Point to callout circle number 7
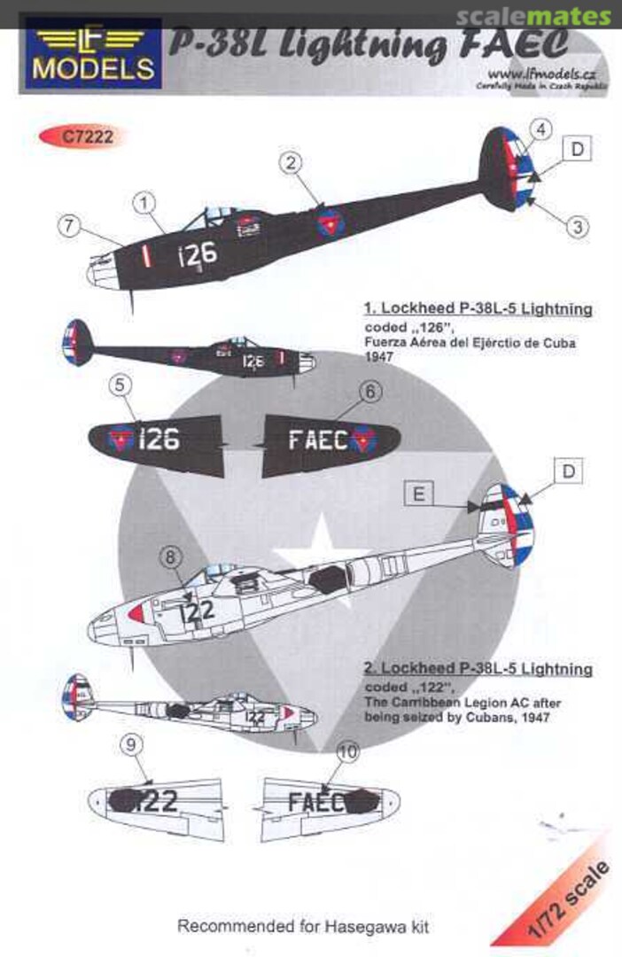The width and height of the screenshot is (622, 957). pyautogui.click(x=71, y=226)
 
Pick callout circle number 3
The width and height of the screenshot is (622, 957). pyautogui.click(x=577, y=226)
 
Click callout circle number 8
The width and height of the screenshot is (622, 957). pyautogui.click(x=172, y=557)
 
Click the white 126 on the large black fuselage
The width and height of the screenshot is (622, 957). pyautogui.click(x=196, y=254)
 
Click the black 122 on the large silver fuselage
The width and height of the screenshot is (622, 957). pyautogui.click(x=197, y=611)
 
